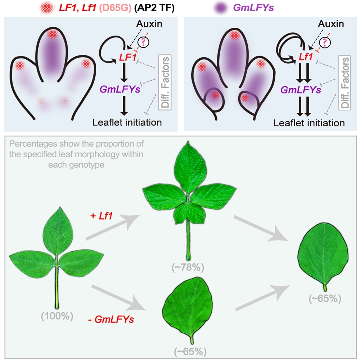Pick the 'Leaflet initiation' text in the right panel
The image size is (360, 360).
(309, 123)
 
